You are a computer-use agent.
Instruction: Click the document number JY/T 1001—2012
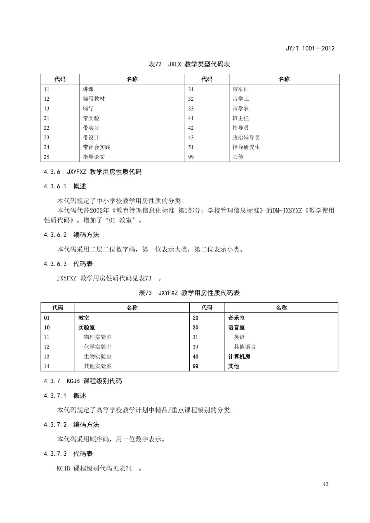pos(310,48)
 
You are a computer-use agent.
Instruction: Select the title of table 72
pos(189,64)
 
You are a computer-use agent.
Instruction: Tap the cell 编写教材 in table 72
pos(94,99)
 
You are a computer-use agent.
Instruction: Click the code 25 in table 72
pos(46,157)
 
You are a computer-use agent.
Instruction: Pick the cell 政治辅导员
pos(246,138)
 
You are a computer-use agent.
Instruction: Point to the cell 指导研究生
pos(246,147)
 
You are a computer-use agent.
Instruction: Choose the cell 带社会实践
pos(96,147)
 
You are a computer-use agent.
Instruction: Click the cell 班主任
pos(241,118)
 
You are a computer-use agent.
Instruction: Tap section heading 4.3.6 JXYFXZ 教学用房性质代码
pos(93,172)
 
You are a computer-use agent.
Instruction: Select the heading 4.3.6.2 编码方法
pos(71,235)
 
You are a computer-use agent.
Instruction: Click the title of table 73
pos(189,293)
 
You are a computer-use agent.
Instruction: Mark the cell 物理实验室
pos(98,337)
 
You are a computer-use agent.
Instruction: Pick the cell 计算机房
pos(239,357)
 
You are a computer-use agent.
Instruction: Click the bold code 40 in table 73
pos(195,357)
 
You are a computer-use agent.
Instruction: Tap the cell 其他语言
pos(245,347)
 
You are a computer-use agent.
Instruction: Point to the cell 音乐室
pos(236,318)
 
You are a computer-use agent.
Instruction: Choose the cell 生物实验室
pos(98,357)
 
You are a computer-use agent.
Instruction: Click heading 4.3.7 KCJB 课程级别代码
pos(83,381)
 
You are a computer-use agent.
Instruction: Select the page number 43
pos(326,484)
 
